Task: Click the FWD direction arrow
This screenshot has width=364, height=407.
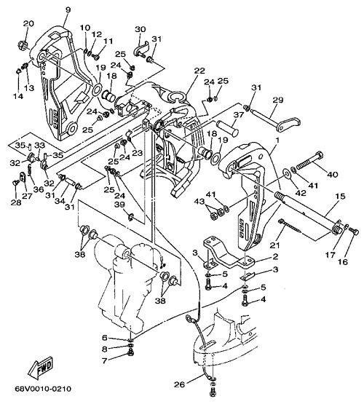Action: (41, 368)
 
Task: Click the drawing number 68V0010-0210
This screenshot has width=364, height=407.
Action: (43, 389)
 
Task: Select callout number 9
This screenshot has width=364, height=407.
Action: (68, 10)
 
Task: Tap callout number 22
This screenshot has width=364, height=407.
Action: (199, 71)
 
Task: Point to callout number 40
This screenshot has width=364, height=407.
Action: (333, 174)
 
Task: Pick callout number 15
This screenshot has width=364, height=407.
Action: (341, 197)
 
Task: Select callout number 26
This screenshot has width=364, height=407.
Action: (180, 384)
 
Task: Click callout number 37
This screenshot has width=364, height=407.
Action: (239, 114)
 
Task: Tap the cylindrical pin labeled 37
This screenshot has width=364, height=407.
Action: (228, 127)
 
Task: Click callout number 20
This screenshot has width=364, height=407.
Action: (28, 23)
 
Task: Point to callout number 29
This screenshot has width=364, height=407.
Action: (278, 100)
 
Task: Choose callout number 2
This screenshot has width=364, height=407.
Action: (275, 257)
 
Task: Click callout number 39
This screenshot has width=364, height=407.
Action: (119, 205)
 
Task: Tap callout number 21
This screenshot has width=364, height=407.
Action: (275, 245)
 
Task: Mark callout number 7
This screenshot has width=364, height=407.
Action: (104, 361)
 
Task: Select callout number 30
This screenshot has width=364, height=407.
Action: (141, 29)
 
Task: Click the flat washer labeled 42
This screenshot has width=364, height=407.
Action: (287, 173)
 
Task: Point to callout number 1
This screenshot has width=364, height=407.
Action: (277, 141)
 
